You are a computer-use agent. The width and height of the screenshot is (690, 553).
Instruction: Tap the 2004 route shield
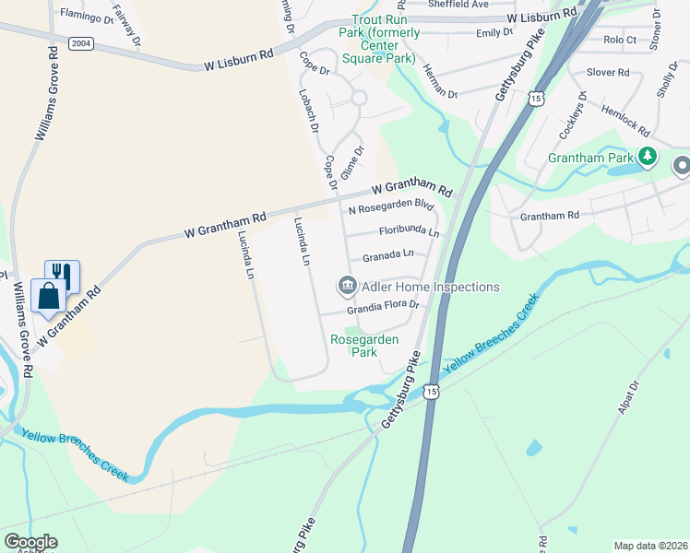pyautogui.click(x=81, y=42)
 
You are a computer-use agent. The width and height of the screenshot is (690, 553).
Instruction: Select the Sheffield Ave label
pyautogui.click(x=458, y=5)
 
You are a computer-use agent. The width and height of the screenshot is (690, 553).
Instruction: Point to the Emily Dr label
pyautogui.click(x=494, y=32)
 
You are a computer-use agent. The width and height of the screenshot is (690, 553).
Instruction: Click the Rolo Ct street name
pyautogui.click(x=619, y=40)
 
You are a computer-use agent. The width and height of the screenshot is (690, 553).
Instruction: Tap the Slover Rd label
pyautogui.click(x=608, y=72)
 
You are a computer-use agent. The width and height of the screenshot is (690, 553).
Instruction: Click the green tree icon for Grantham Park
pyautogui.click(x=648, y=158)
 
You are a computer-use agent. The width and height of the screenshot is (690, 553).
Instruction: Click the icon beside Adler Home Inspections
pyautogui.click(x=347, y=287)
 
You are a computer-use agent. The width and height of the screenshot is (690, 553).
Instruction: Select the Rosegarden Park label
pyautogui.click(x=364, y=346)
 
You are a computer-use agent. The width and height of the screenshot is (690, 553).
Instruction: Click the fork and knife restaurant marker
pyautogui.click(x=62, y=273)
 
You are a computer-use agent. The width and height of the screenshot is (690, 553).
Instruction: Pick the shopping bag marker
pyautogui.click(x=47, y=296)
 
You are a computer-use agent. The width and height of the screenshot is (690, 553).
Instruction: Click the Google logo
pyautogui.click(x=30, y=542)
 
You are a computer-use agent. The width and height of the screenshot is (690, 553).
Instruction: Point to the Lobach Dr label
pyautogui.click(x=308, y=110)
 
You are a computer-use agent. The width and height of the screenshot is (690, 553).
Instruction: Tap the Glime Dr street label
pyautogui.click(x=350, y=162)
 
